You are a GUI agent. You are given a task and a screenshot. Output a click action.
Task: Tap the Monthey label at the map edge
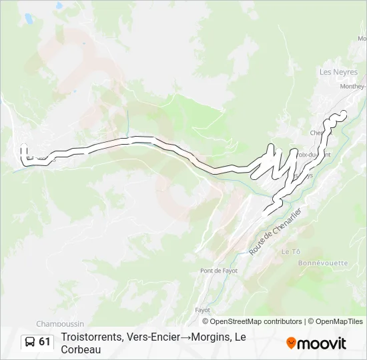[x=352, y=86]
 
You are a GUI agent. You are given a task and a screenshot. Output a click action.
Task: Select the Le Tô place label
[x=291, y=251]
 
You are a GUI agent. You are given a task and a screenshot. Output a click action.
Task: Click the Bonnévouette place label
[x=323, y=263]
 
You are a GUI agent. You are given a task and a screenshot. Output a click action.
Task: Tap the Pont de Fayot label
[x=219, y=271]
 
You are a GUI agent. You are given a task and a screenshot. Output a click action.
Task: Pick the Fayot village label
[x=202, y=310]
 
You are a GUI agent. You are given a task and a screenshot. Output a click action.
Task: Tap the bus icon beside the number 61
[x=30, y=342]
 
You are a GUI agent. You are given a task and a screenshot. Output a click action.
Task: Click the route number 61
[x=45, y=342]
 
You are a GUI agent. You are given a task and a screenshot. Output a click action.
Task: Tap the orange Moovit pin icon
[x=291, y=343]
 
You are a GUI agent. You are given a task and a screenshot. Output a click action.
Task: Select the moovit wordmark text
[x=322, y=343]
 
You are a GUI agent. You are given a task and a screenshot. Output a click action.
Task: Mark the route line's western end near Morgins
[x=24, y=147]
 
